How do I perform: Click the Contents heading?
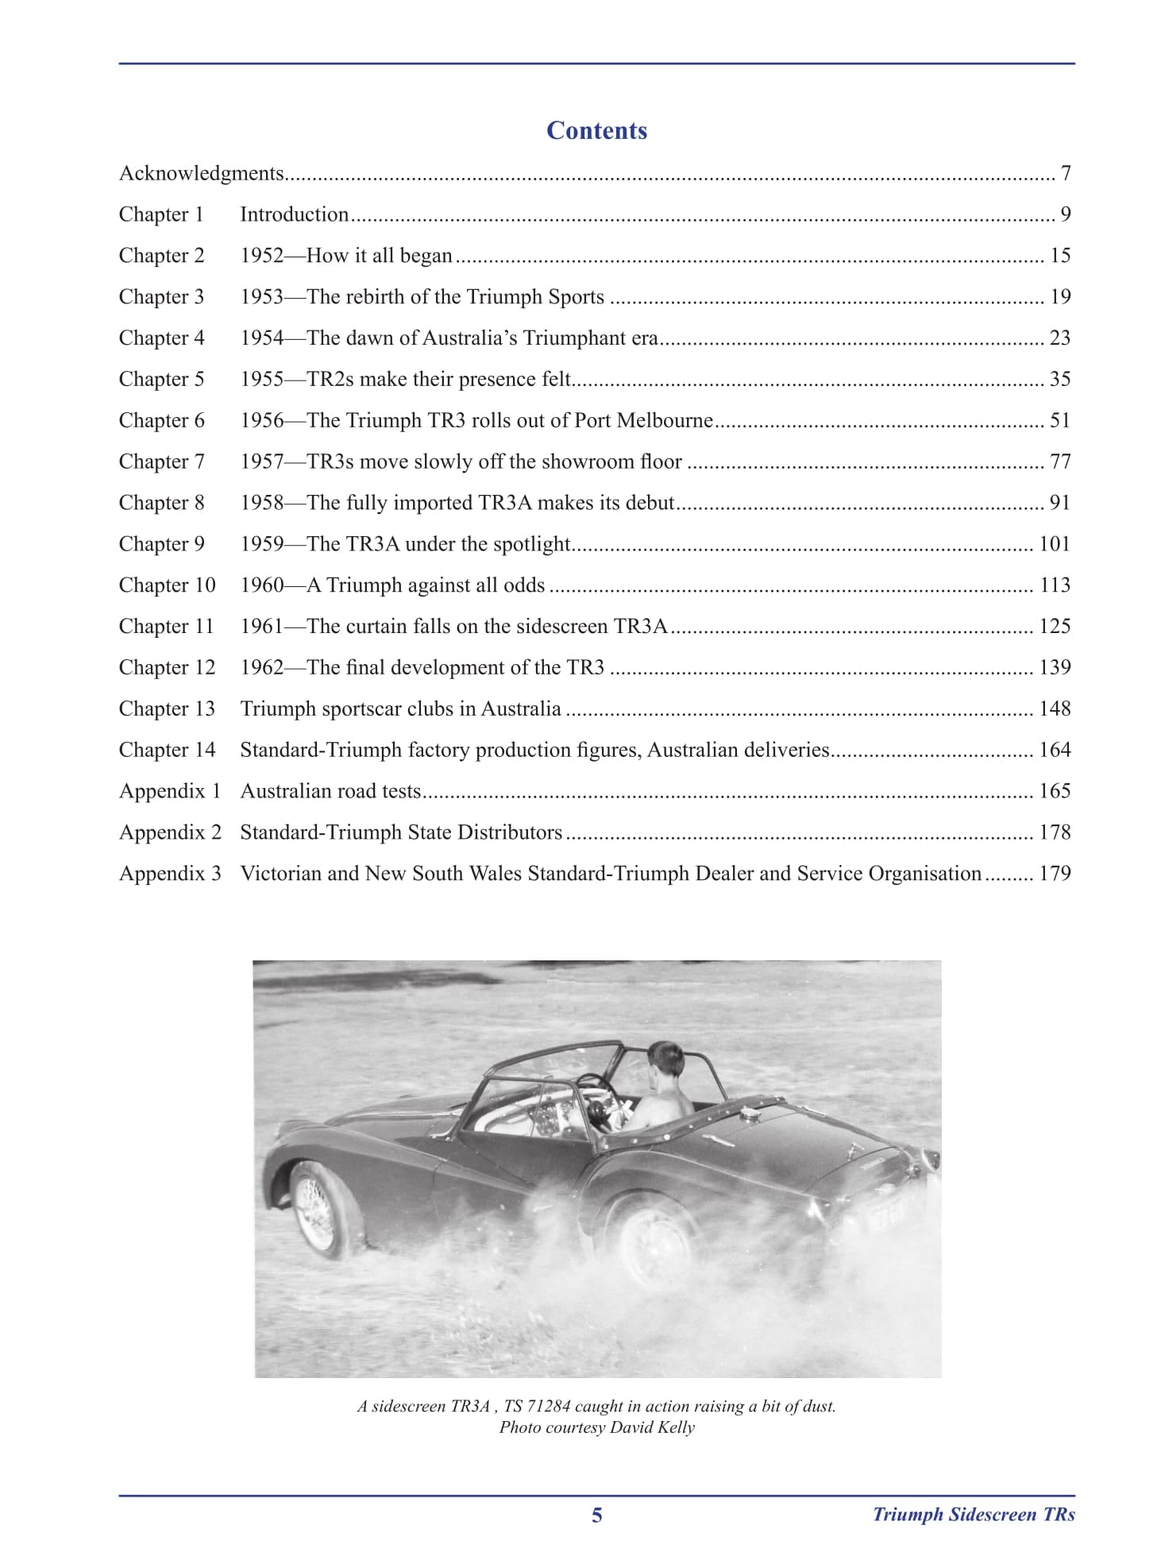tap(596, 130)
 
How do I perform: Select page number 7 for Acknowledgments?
tap(1066, 173)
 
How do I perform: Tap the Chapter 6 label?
tap(161, 420)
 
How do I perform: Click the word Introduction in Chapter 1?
tap(294, 214)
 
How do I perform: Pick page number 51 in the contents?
tap(1060, 420)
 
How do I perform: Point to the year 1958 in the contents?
tap(262, 503)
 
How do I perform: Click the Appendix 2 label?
tap(170, 832)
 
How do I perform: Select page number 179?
tap(1055, 874)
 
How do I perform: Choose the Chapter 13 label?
tap(167, 709)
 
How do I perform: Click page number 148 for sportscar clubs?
tap(1055, 709)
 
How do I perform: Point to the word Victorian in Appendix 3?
tap(280, 874)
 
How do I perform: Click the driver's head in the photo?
tap(665, 1061)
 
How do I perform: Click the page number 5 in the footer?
tap(597, 1516)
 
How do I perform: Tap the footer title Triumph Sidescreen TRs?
tap(974, 1515)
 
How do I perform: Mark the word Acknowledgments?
tap(202, 173)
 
